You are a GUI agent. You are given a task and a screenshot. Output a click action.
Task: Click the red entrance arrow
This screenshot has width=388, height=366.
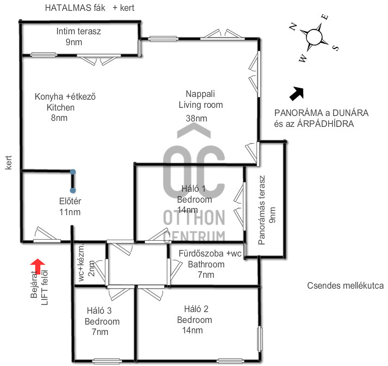[37, 265]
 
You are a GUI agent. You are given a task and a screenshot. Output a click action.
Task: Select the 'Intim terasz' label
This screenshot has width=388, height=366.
[78, 32]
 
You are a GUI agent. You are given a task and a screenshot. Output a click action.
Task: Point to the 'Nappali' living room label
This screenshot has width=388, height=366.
[196, 93]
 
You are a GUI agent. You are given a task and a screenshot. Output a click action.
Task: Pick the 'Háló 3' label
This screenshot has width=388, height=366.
[99, 311]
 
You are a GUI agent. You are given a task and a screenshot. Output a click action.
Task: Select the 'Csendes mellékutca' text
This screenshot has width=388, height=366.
[346, 285]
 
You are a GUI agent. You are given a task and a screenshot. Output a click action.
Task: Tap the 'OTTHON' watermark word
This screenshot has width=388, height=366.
[194, 218]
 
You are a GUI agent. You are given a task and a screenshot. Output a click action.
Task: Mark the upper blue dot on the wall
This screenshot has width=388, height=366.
[73, 172]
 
